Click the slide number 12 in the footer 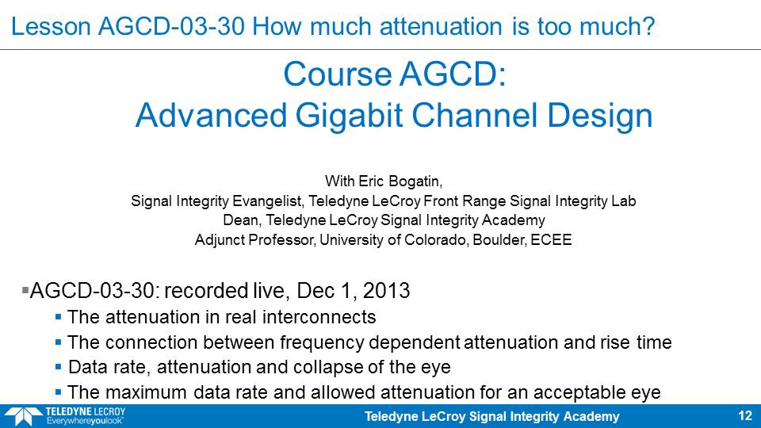(745, 416)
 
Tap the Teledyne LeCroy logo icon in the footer (23, 416)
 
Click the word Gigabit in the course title (349, 116)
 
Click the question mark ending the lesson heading (648, 26)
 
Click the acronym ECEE (552, 239)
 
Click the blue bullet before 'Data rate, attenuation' (58, 367)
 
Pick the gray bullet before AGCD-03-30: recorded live (25, 291)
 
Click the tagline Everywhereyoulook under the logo (85, 421)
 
